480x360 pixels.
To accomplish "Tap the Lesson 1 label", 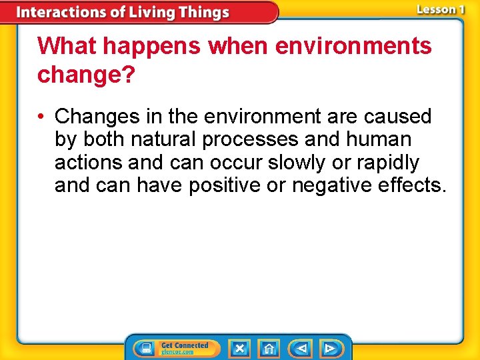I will pos(440,9).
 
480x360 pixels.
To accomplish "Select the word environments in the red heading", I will pos(353,47).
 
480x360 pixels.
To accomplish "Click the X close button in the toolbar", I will pos(239,348).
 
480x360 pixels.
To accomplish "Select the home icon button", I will pos(269,348).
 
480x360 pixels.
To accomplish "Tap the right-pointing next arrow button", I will pos(330,348).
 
